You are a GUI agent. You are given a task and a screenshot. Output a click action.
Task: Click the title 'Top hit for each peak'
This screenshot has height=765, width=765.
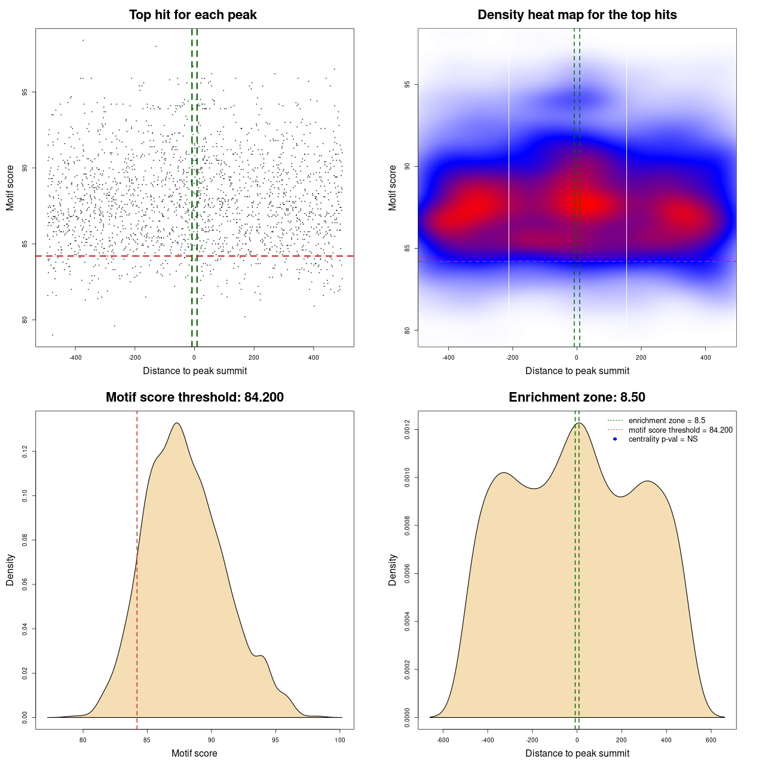point(193,15)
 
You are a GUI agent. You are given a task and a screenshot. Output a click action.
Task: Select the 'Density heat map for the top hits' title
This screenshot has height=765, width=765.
point(577,15)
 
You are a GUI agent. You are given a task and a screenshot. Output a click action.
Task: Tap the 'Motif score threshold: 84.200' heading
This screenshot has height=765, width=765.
point(194,397)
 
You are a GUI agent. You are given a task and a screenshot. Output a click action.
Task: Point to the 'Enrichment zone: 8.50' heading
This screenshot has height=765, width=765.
point(577,397)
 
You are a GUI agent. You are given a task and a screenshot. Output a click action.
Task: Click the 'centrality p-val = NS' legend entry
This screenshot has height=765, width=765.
point(663,439)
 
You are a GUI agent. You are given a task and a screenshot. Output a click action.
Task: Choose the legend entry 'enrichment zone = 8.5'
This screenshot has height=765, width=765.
point(666,421)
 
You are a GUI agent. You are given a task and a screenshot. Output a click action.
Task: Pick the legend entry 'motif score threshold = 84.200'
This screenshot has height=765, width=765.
point(680,430)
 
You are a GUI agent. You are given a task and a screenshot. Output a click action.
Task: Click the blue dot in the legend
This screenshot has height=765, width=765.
point(615,439)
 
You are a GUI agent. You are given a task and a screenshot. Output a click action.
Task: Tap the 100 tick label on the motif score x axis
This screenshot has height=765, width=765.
point(340,740)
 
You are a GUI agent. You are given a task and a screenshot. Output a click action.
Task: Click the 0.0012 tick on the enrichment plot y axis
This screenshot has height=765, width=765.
point(408,430)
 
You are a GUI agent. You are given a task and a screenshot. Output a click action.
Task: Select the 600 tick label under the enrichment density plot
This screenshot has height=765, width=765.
point(711,740)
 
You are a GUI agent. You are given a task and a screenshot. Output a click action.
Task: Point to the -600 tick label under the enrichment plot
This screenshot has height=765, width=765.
point(443,740)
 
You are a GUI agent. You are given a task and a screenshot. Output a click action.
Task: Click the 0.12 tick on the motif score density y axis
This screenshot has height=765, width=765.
point(25,452)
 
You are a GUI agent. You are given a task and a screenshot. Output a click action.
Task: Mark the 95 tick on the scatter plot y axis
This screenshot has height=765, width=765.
point(25,92)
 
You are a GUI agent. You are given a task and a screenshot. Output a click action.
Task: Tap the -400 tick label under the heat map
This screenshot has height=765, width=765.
point(448,357)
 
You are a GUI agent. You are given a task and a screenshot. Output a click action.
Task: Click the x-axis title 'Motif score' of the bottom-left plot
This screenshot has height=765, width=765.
point(194,754)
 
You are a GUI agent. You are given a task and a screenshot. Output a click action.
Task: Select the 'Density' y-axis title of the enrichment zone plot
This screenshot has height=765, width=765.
point(393,570)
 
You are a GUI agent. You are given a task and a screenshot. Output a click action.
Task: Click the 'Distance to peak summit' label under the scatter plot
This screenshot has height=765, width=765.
point(195,371)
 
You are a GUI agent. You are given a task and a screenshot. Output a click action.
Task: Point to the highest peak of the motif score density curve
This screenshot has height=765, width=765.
point(177,423)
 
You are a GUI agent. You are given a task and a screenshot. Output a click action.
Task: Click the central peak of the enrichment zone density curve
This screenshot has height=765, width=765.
point(578,423)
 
